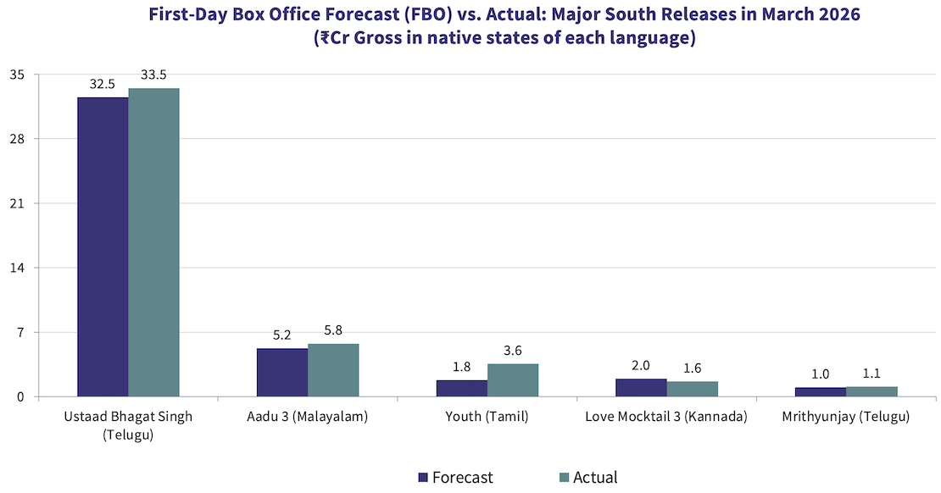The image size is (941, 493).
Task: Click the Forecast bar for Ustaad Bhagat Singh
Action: click(x=103, y=246)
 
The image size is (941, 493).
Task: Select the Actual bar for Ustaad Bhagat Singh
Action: click(x=153, y=242)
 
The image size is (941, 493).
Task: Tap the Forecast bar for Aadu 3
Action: click(x=282, y=373)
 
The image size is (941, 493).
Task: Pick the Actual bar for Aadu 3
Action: click(x=333, y=370)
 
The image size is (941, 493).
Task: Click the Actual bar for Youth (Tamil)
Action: click(x=513, y=380)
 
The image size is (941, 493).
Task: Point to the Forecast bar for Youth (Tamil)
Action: click(x=462, y=389)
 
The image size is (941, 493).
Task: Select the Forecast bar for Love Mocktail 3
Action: click(x=641, y=388)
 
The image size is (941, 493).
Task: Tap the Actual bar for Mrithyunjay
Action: click(x=871, y=392)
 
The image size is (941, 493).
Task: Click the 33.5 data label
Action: click(x=153, y=75)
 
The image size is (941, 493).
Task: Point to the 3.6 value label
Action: click(x=513, y=351)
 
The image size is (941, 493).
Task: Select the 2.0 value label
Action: click(x=641, y=366)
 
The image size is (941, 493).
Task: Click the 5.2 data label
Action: click(x=282, y=335)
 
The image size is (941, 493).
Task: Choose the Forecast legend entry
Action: click(x=455, y=478)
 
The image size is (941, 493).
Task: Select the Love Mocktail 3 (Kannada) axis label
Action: click(x=666, y=418)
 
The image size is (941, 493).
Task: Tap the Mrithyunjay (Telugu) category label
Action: click(x=846, y=418)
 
